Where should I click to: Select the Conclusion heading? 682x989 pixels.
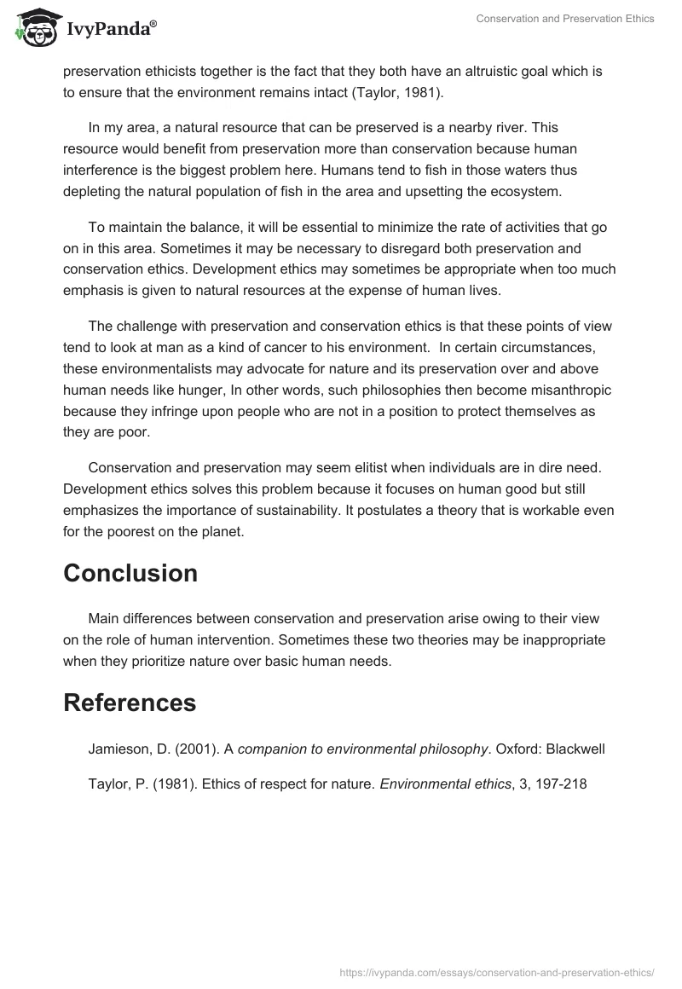130,573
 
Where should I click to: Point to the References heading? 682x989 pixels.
130,703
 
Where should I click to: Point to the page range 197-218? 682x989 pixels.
558,784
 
